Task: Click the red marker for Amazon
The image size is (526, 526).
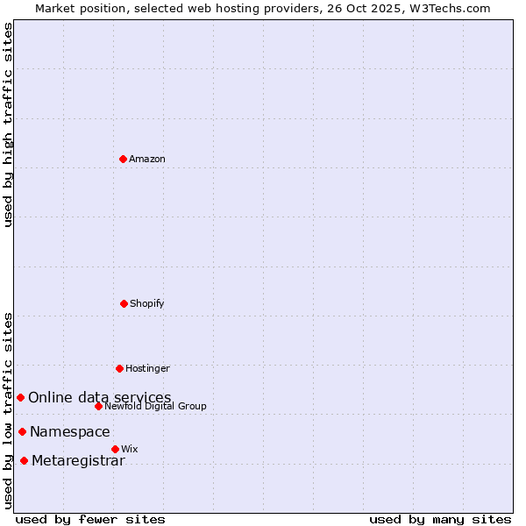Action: (x=123, y=159)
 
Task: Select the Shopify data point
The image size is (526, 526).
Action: (x=124, y=303)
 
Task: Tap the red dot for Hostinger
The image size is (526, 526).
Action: (x=119, y=368)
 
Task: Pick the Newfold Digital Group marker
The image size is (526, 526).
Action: (x=98, y=406)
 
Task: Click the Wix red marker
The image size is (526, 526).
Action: (x=115, y=449)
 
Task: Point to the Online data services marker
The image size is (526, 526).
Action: (x=20, y=397)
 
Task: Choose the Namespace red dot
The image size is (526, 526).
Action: (x=22, y=431)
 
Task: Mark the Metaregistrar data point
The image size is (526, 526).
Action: (x=24, y=460)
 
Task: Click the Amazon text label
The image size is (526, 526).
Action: (x=147, y=160)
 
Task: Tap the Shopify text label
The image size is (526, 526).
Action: (x=147, y=304)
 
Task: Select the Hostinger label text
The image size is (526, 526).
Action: (x=147, y=369)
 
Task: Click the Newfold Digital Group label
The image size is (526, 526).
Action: (x=155, y=407)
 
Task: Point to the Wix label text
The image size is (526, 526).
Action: (x=130, y=450)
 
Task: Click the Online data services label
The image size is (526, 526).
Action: (x=100, y=398)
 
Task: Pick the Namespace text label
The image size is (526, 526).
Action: (x=70, y=432)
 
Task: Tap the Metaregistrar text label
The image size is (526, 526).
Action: (x=78, y=461)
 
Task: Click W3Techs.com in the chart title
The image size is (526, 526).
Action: (x=448, y=9)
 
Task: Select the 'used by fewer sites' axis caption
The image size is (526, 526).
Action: (x=90, y=519)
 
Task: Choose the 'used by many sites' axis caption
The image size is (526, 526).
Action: (x=440, y=519)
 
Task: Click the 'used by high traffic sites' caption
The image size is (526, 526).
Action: (x=9, y=124)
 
